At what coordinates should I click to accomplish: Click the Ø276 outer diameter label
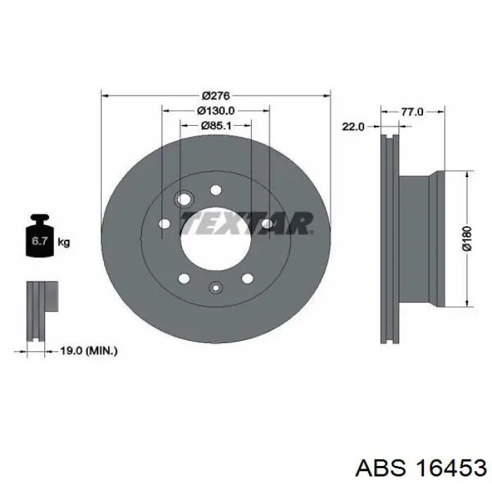pyautogui.click(x=216, y=96)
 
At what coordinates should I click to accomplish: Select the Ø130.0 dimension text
pyautogui.click(x=215, y=110)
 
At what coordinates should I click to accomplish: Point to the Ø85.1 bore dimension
pyautogui.click(x=216, y=126)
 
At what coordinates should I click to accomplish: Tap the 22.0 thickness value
pyautogui.click(x=353, y=127)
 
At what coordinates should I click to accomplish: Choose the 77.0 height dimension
pyautogui.click(x=412, y=111)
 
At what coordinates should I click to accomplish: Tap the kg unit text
pyautogui.click(x=63, y=243)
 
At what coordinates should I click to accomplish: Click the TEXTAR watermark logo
pyautogui.click(x=245, y=224)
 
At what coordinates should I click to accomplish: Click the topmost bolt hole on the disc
pyautogui.click(x=216, y=189)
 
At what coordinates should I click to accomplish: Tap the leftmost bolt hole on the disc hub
pyautogui.click(x=164, y=224)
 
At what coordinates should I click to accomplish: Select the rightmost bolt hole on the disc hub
pyautogui.click(x=267, y=224)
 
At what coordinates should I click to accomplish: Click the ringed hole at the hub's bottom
pyautogui.click(x=216, y=286)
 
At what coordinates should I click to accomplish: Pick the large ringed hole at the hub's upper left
pyautogui.click(x=186, y=200)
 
